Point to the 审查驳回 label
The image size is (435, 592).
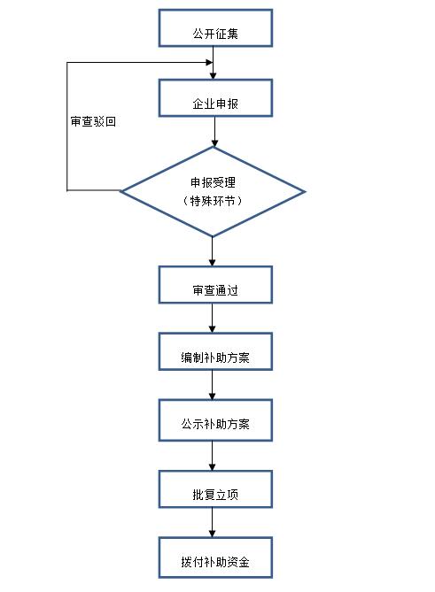pyautogui.click(x=93, y=122)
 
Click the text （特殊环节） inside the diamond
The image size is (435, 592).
pyautogui.click(x=213, y=201)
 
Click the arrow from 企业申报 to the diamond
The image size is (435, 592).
pyautogui.click(x=214, y=132)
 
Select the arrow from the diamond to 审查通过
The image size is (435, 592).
pyautogui.click(x=213, y=251)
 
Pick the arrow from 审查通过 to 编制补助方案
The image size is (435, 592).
pyautogui.click(x=213, y=319)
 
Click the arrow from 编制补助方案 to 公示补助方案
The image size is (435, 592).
pyautogui.click(x=213, y=385)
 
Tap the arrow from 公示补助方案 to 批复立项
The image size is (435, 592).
pyautogui.click(x=213, y=454)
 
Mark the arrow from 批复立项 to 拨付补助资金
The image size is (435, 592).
pyautogui.click(x=213, y=522)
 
